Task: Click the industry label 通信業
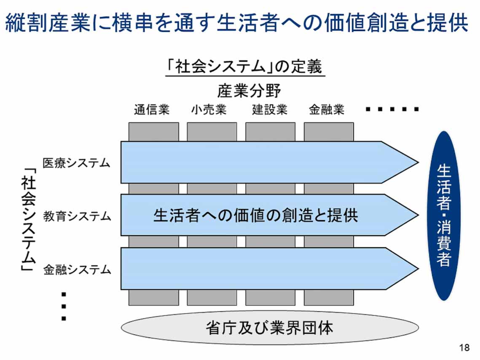tap(152, 110)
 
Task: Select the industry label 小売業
tap(209, 110)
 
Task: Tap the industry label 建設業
tap(270, 110)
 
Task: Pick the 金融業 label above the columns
tap(327, 110)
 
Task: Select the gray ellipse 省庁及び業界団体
tap(270, 328)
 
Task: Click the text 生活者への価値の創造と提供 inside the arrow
tap(255, 215)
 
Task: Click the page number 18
tap(464, 348)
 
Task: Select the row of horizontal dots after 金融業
tap(392, 109)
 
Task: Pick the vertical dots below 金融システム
tap(64, 306)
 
